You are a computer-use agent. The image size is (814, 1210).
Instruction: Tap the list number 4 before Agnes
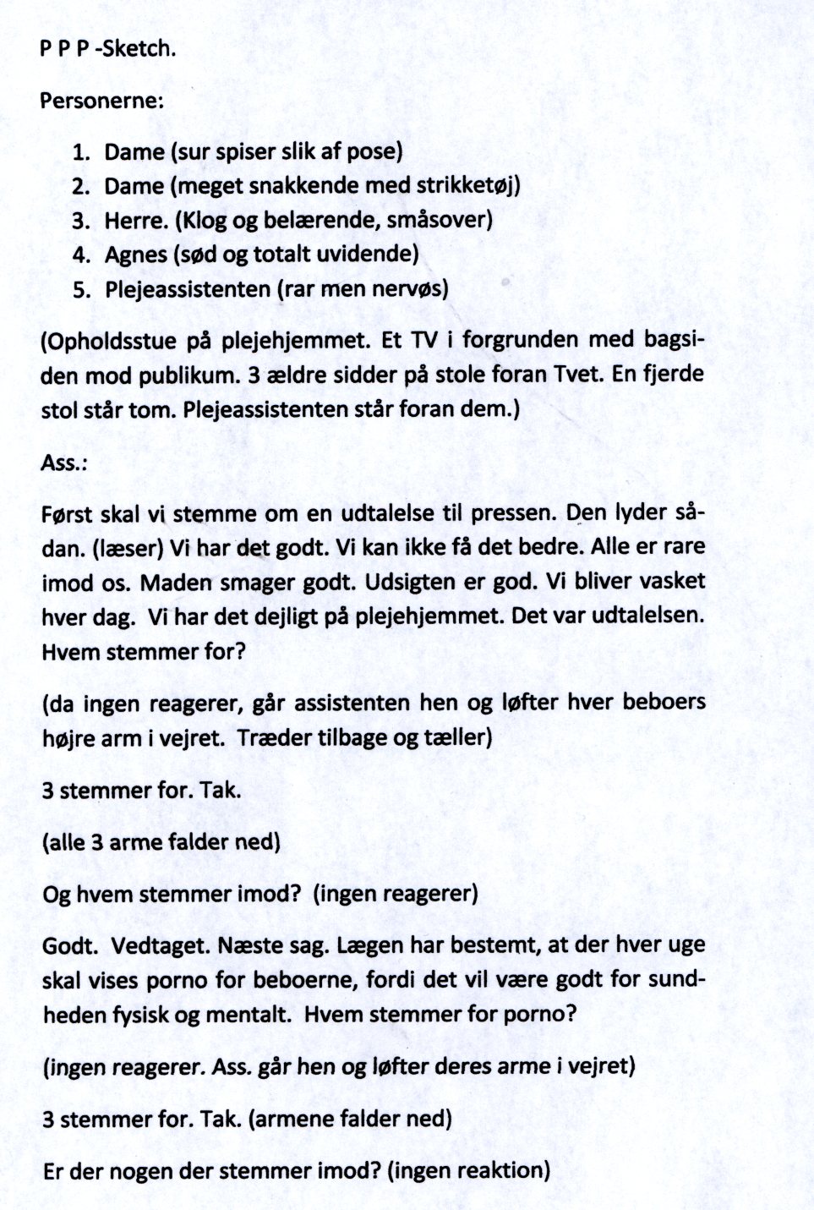tap(81, 255)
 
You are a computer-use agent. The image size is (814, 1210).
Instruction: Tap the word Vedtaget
tap(158, 946)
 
